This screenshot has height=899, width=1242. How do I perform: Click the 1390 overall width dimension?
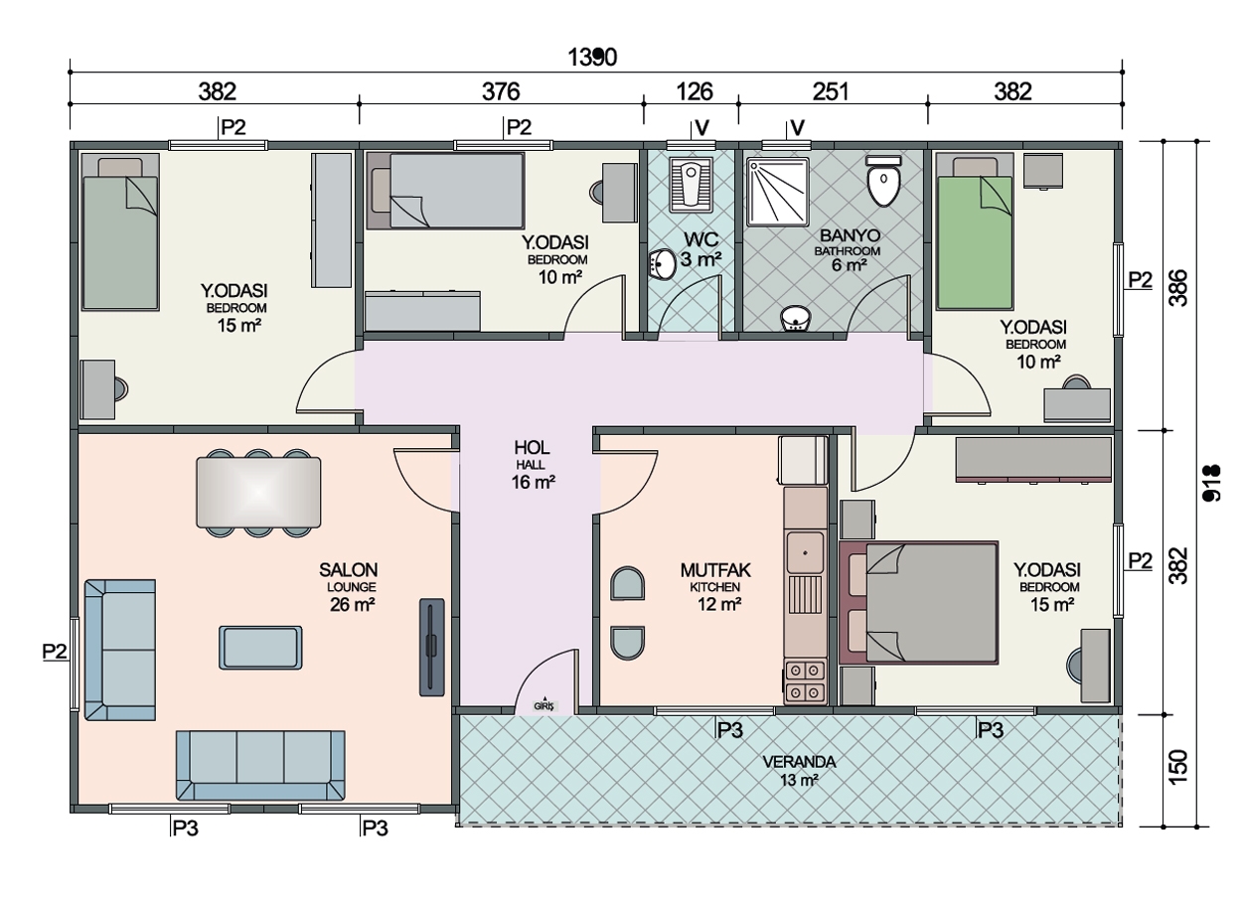coord(592,57)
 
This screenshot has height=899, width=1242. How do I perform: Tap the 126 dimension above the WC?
coord(695,91)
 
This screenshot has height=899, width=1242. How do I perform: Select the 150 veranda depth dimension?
coord(1178,767)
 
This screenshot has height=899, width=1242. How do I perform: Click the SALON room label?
coord(348,570)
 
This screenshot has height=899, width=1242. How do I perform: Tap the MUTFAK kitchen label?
coord(715,570)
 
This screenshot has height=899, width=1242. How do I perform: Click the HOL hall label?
coord(532,448)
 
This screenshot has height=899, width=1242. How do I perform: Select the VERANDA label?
coord(799,762)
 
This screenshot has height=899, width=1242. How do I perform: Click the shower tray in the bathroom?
coord(777,192)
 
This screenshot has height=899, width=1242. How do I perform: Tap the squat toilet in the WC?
coord(691,184)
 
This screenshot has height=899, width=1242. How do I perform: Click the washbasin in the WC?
coord(662,264)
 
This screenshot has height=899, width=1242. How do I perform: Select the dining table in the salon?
coord(258,492)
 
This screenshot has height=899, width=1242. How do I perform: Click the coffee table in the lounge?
coord(260,648)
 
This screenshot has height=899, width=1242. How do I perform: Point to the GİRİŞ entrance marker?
coord(544,704)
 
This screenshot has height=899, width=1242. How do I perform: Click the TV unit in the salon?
coord(431,647)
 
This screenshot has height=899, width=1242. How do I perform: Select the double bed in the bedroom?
coord(919,602)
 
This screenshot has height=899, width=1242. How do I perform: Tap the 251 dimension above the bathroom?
coord(830,91)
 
